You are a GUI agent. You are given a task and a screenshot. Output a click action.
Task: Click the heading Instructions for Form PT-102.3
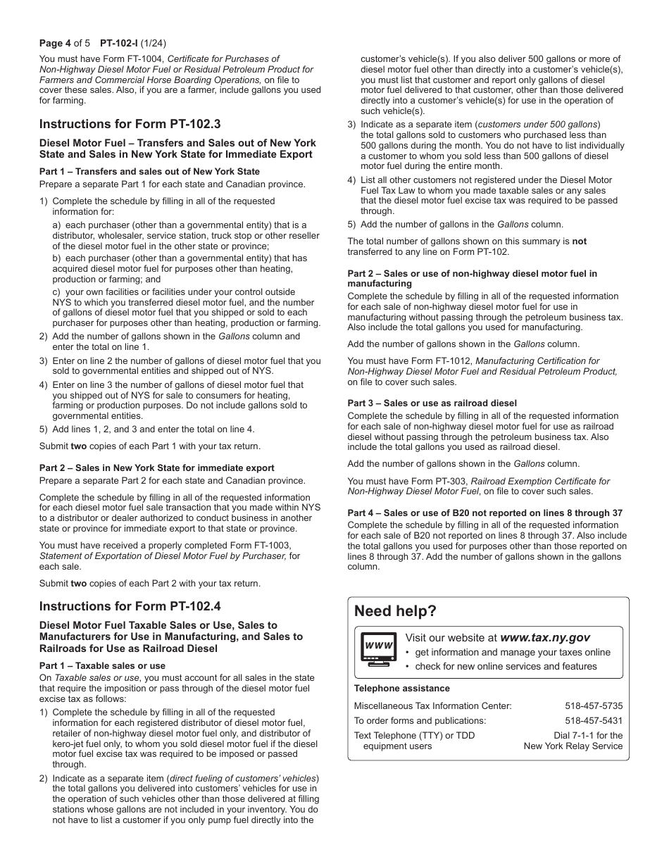130,124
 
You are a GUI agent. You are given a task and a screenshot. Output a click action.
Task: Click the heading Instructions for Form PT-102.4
130,606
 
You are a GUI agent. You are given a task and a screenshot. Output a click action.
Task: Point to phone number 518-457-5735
593,705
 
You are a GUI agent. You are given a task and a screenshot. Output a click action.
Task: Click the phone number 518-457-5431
593,720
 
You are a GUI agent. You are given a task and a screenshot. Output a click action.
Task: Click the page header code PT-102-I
123,42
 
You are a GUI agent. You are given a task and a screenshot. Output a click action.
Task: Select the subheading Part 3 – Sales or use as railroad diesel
432,403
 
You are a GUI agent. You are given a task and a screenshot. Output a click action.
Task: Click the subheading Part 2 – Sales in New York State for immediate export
156,467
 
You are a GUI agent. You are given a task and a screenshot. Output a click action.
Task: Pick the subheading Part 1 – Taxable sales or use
102,665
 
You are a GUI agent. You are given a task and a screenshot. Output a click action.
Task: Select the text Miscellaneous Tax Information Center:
432,705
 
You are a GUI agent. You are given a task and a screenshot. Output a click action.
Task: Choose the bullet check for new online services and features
506,666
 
